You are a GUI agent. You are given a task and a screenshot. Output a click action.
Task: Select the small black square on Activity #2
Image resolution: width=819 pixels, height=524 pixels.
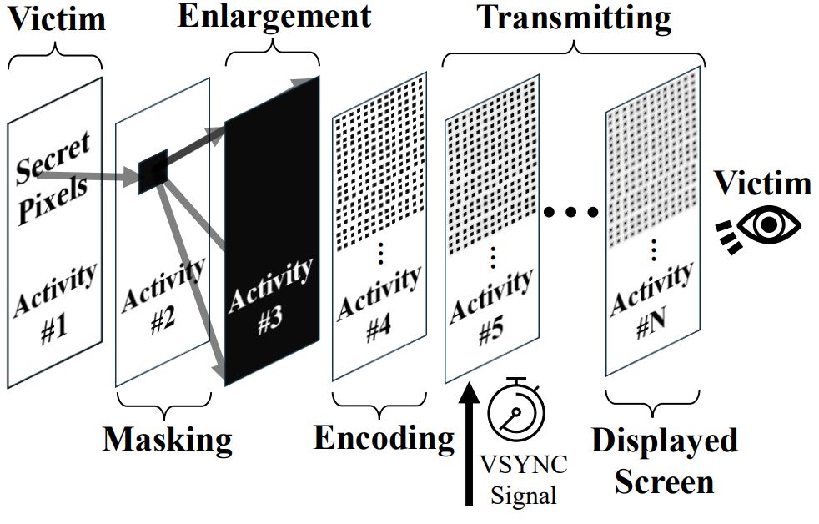[x=153, y=172]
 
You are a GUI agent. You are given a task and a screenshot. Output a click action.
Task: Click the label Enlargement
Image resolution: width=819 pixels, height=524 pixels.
[x=275, y=16]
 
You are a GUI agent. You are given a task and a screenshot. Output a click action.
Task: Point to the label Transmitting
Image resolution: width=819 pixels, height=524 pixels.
[x=575, y=16]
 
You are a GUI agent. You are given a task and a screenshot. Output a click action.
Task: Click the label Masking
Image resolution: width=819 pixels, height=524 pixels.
[x=167, y=437]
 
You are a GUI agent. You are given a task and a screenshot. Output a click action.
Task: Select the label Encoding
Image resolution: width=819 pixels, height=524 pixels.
[x=383, y=436]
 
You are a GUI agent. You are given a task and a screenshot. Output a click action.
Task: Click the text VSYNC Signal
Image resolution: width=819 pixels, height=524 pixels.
[x=523, y=478]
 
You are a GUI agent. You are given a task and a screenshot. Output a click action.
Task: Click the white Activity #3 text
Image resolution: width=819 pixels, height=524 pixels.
[x=269, y=296]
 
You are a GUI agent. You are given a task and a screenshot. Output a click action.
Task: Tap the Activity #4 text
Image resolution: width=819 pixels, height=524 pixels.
[x=378, y=304]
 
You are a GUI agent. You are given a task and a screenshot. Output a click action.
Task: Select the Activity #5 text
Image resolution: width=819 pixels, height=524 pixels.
[x=490, y=309]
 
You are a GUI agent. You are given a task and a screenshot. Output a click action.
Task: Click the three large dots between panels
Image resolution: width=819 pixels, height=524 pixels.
[x=571, y=212]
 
